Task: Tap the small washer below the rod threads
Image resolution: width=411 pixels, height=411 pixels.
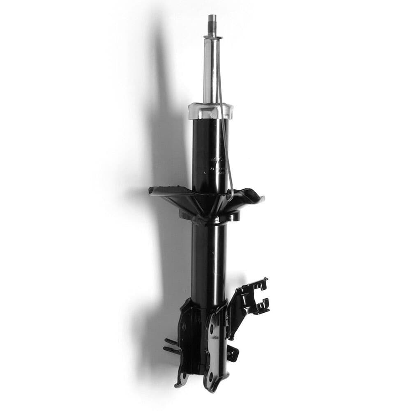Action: point(212,37)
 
